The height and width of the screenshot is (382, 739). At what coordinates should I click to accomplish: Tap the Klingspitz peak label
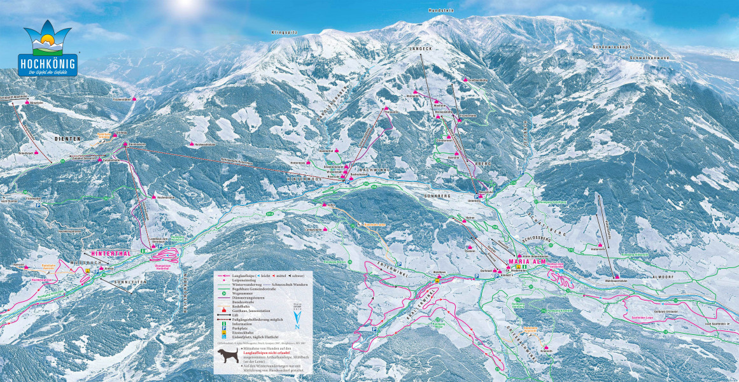point(285,31)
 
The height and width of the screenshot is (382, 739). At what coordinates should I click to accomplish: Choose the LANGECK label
point(421,48)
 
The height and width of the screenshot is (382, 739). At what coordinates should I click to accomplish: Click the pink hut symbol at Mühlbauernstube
point(616,275)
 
